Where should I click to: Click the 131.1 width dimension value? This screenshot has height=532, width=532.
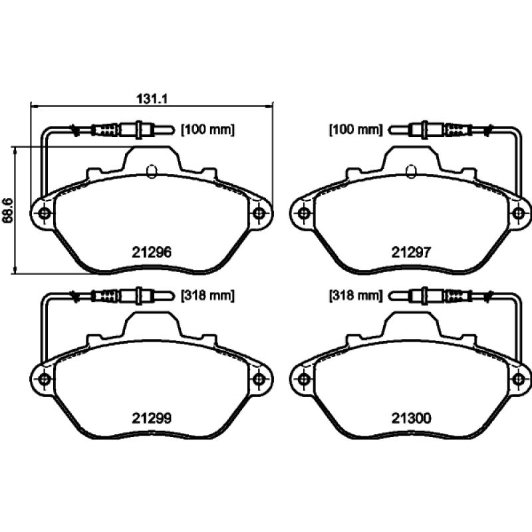coord(152,98)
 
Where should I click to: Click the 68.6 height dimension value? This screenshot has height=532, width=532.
coord(7,211)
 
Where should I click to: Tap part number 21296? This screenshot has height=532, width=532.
coord(152,252)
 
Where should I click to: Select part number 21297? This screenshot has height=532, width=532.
coord(411,252)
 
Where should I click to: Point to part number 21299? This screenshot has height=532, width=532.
coord(152,418)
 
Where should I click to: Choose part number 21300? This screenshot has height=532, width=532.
coord(411,418)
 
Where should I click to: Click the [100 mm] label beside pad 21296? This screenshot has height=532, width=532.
coord(207,130)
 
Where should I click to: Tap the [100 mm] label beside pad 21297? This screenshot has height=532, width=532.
coord(356,130)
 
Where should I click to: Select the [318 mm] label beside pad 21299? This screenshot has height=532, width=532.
coord(207,295)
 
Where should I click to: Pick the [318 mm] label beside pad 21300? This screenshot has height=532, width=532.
coord(356,295)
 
